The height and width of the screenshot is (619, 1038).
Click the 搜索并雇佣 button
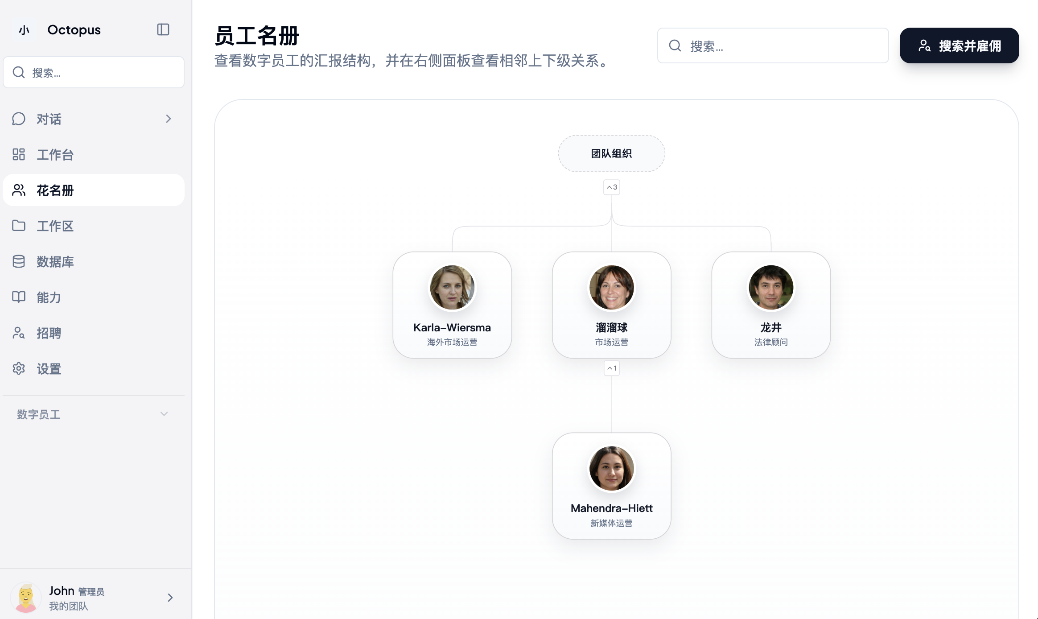[959, 45]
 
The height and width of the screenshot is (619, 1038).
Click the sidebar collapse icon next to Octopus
[163, 29]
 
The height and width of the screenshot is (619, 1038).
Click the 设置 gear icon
[19, 368]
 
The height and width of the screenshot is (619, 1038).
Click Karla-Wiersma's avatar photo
[452, 288]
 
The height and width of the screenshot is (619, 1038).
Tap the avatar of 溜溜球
[612, 288]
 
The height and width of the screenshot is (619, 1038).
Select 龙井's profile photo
[771, 288]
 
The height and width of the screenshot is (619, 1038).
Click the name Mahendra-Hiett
[612, 508]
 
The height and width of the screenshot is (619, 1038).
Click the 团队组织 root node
[612, 153]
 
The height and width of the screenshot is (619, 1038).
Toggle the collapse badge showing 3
[612, 187]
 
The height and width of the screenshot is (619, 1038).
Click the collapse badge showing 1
[612, 368]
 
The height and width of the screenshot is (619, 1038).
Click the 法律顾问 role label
[771, 342]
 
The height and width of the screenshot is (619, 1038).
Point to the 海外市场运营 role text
[452, 342]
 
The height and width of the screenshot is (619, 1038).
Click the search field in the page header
[773, 45]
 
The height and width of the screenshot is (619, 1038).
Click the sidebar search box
[94, 72]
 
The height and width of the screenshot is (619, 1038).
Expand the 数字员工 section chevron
[164, 414]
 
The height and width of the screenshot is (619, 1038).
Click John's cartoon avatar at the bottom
[26, 598]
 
